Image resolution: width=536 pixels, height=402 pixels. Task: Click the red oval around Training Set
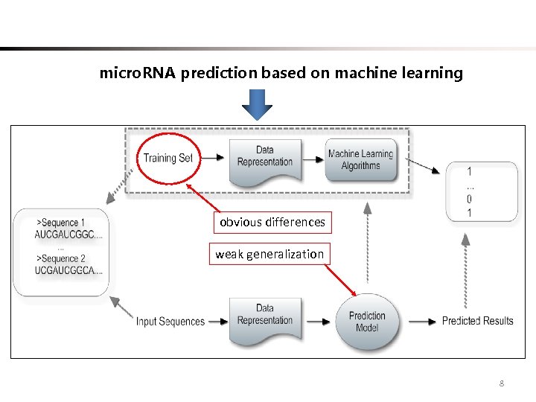coord(167,157)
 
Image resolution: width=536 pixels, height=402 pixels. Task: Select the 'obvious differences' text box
coord(272,222)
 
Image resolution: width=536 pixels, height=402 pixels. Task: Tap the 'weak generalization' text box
coord(269,254)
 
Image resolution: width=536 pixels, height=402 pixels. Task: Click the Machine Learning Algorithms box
coord(360,159)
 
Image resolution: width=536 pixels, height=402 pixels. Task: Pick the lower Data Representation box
coord(265,319)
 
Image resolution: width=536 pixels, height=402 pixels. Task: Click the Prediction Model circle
coord(367,321)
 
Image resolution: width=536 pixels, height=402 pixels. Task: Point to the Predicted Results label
coord(477,321)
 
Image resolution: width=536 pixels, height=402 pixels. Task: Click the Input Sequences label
coord(170,322)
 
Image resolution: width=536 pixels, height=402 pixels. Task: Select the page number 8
coord(501,383)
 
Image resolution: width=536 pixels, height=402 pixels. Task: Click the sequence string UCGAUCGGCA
coord(68,269)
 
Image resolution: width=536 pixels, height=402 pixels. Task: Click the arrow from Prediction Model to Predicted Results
coord(420,321)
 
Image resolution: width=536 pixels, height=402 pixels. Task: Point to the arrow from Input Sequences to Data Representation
coord(217,322)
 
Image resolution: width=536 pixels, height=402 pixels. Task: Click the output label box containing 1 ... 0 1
coord(482,192)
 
